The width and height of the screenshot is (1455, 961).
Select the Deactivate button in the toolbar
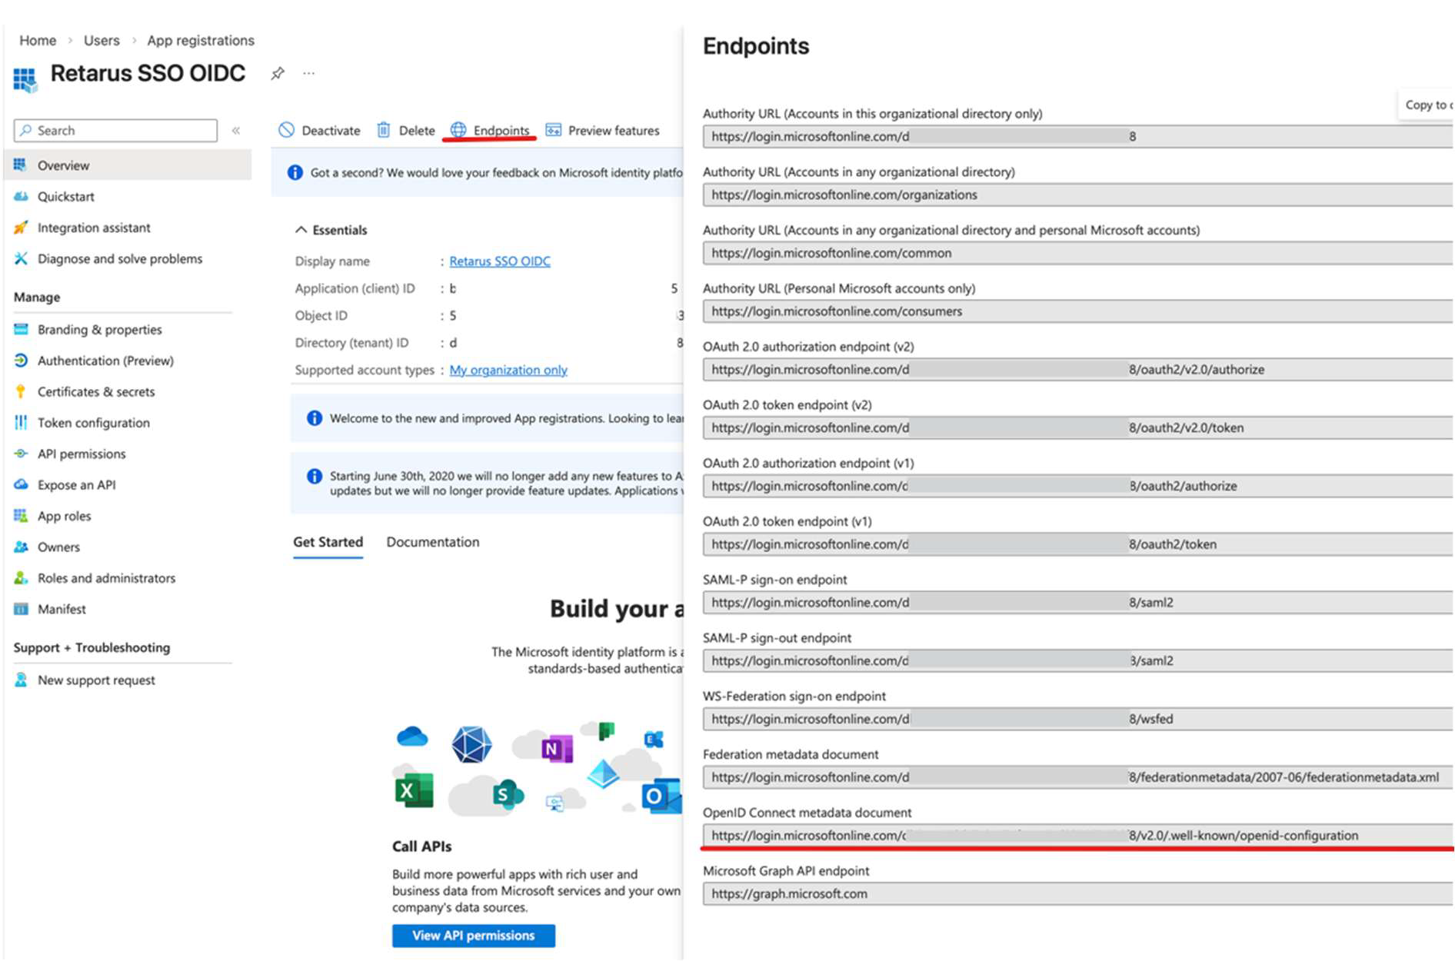pyautogui.click(x=320, y=131)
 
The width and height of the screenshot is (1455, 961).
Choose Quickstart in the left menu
pyautogui.click(x=65, y=197)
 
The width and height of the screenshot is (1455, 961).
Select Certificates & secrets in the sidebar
pyautogui.click(x=95, y=392)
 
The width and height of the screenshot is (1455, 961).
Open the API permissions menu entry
pyautogui.click(x=81, y=454)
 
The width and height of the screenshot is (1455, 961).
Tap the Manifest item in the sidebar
pyautogui.click(x=62, y=610)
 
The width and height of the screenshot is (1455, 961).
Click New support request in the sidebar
pyautogui.click(x=96, y=680)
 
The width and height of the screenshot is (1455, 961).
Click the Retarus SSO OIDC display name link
pyautogui.click(x=500, y=261)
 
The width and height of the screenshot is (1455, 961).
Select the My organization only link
pyautogui.click(x=508, y=371)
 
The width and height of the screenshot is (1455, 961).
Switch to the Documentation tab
pyautogui.click(x=432, y=542)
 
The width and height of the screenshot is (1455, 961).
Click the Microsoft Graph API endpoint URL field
pyautogui.click(x=1077, y=894)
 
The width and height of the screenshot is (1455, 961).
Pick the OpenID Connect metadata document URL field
pyautogui.click(x=1077, y=836)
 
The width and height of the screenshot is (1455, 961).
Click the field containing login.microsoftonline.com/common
pyautogui.click(x=1077, y=253)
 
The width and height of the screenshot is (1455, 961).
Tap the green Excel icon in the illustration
pyautogui.click(x=414, y=791)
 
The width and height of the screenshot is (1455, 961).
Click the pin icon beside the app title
pyautogui.click(x=278, y=74)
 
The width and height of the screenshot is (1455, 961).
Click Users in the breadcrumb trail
pyautogui.click(x=102, y=41)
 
